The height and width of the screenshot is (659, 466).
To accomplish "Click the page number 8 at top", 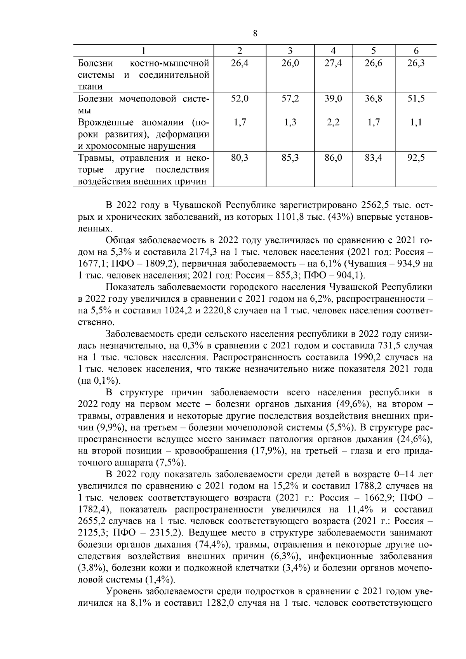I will [255, 33].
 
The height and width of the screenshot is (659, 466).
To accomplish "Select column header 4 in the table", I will [333, 50].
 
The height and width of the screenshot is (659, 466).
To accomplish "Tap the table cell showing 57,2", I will [290, 99].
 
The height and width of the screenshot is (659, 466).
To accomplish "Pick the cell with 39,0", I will [333, 99].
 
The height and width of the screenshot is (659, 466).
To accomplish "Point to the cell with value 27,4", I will [333, 63].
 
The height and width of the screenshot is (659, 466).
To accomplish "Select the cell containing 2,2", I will [333, 123].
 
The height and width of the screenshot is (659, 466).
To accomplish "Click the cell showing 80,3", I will [240, 158].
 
